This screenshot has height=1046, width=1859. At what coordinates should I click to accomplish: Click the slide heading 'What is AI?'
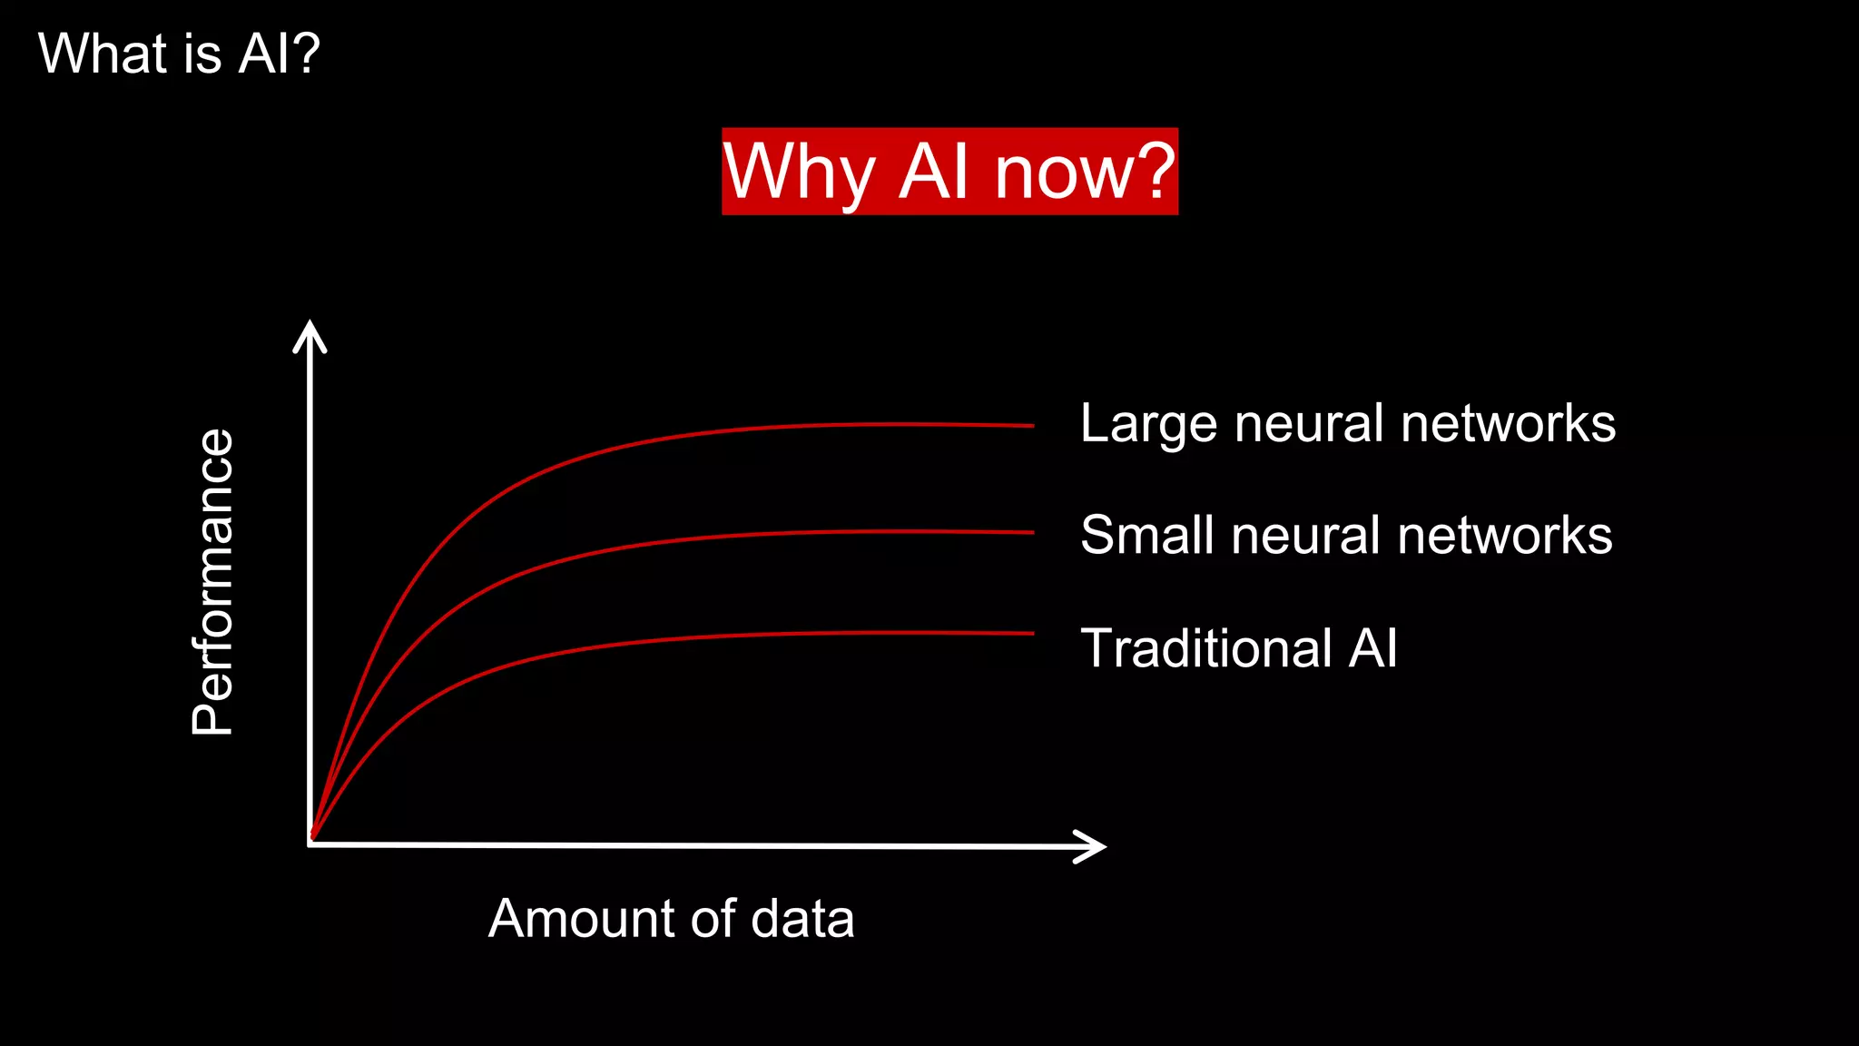tap(179, 54)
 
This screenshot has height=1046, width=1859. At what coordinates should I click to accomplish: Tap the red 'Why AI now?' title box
tap(949, 172)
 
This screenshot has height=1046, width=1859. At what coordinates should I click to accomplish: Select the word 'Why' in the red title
tap(799, 173)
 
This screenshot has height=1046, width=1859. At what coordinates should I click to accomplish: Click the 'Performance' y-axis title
tap(213, 581)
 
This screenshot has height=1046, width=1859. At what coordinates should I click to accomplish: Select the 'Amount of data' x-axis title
tap(671, 918)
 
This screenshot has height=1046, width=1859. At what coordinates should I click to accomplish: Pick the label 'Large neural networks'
tap(1348, 423)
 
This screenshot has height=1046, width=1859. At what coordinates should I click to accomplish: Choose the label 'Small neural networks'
tap(1346, 535)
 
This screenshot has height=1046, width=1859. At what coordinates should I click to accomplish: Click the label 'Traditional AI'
tap(1239, 648)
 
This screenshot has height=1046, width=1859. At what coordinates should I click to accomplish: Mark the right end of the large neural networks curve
tap(1031, 425)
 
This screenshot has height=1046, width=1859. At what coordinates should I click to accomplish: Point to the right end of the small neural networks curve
tap(1031, 532)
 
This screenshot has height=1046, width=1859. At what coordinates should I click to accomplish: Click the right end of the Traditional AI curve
tap(1031, 633)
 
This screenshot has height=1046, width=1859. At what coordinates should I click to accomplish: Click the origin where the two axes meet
tap(310, 844)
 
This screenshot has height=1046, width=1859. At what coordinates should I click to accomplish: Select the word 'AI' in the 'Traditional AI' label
tap(1372, 648)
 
